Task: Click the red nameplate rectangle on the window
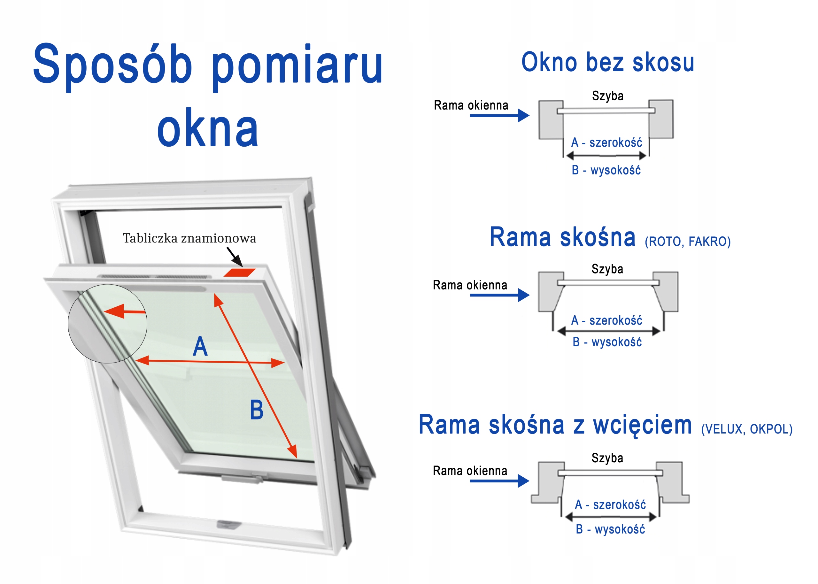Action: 239,273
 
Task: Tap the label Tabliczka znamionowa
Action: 189,238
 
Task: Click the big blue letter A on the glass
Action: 200,346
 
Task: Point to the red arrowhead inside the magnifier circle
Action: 114,311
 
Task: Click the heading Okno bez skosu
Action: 608,62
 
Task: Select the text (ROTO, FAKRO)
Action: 688,241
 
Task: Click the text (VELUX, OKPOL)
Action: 747,429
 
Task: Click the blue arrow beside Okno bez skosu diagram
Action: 499,115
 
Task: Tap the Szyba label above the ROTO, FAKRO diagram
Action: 607,269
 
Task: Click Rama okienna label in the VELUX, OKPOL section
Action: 470,470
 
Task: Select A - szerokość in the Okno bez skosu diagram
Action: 606,143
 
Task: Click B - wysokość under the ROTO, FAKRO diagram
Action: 607,342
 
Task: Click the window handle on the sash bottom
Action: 242,478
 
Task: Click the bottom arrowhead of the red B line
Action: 293,451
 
